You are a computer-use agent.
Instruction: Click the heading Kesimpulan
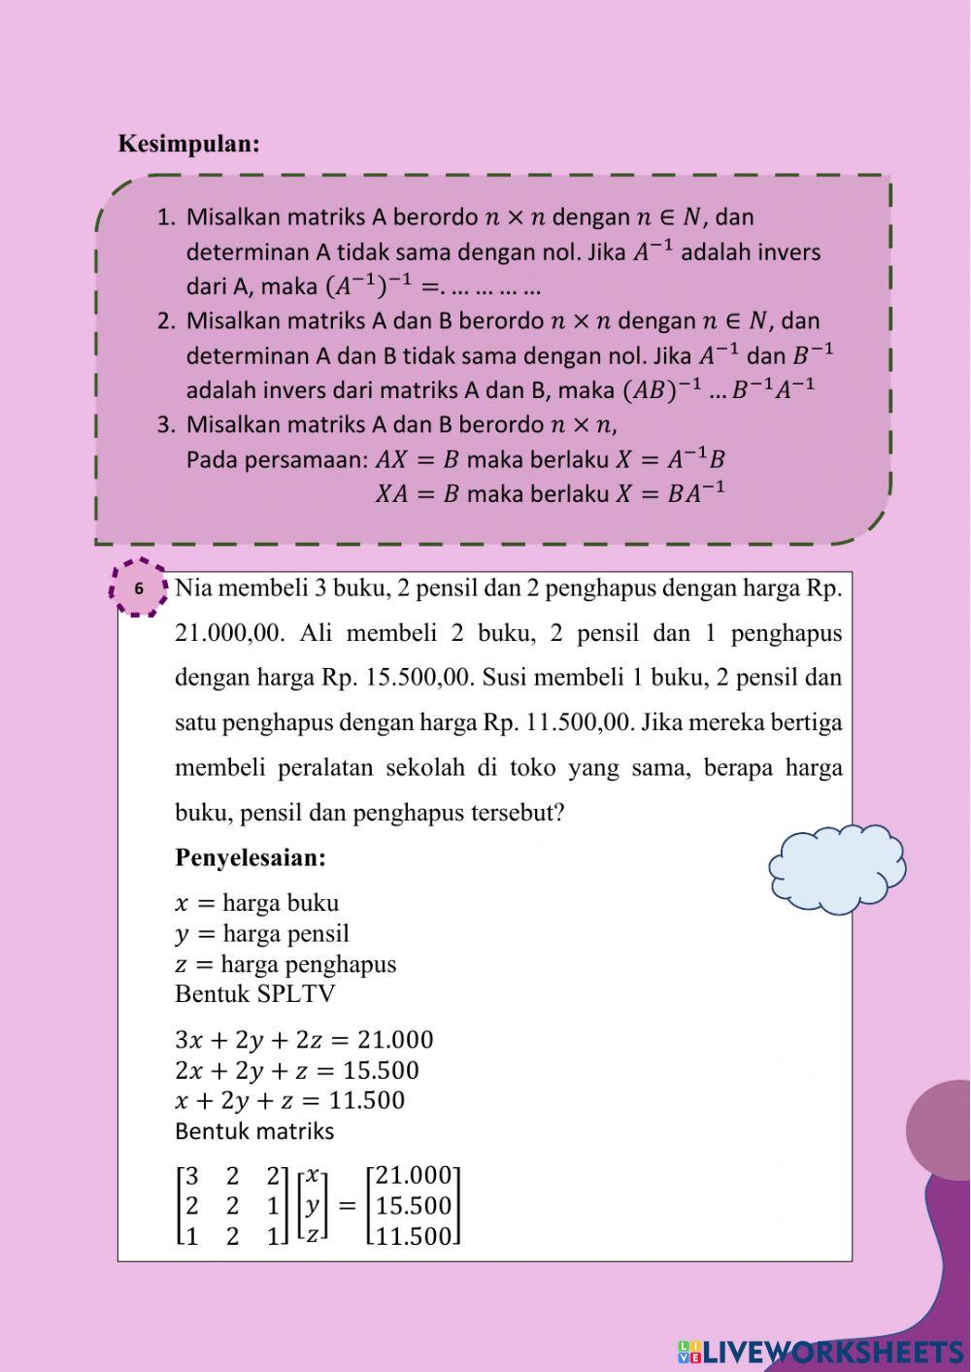click(x=189, y=144)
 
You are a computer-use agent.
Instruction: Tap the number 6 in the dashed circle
click(x=139, y=588)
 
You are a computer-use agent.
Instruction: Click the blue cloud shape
click(x=836, y=870)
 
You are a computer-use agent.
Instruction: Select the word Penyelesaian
click(x=251, y=857)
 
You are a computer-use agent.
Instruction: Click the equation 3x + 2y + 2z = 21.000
click(x=304, y=1040)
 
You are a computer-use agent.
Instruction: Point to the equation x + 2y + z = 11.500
click(x=289, y=1100)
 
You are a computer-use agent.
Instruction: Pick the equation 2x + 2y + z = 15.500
click(x=297, y=1070)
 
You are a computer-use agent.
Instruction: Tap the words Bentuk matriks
click(x=254, y=1131)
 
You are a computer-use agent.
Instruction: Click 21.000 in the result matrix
click(x=414, y=1176)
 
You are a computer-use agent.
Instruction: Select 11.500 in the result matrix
click(x=414, y=1236)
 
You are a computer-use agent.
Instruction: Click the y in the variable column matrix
click(x=312, y=1205)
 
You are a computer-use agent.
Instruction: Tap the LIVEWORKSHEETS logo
click(x=821, y=1351)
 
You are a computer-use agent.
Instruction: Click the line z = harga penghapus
click(x=285, y=964)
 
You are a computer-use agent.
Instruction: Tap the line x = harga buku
click(x=256, y=902)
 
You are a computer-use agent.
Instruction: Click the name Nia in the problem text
click(x=192, y=588)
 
